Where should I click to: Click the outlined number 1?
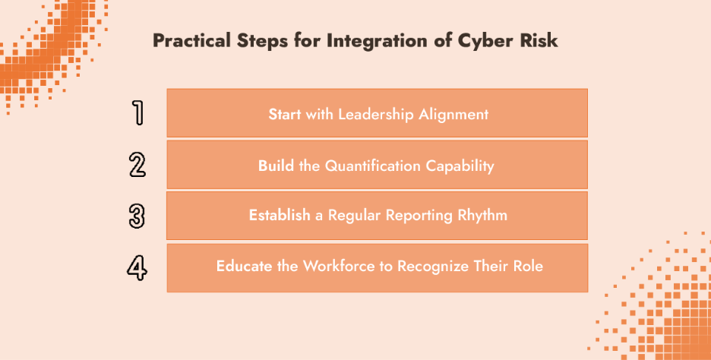coord(137,112)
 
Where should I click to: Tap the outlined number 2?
coord(137,164)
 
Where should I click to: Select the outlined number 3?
coord(137,216)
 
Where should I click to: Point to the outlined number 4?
coord(137,267)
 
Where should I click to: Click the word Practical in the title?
coord(189,40)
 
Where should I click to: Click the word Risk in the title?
coord(538,40)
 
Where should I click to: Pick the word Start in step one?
coord(285,114)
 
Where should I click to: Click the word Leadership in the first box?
coord(371,114)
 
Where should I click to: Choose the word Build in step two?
coord(276,165)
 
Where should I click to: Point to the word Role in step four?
coord(528,267)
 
